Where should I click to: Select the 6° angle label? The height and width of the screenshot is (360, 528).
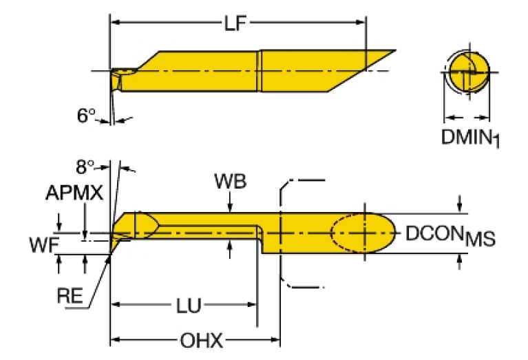point(85,116)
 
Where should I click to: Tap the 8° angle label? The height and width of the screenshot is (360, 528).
point(85,167)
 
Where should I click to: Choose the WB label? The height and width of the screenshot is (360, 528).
point(230,182)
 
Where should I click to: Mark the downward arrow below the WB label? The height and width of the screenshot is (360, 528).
point(230,206)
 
